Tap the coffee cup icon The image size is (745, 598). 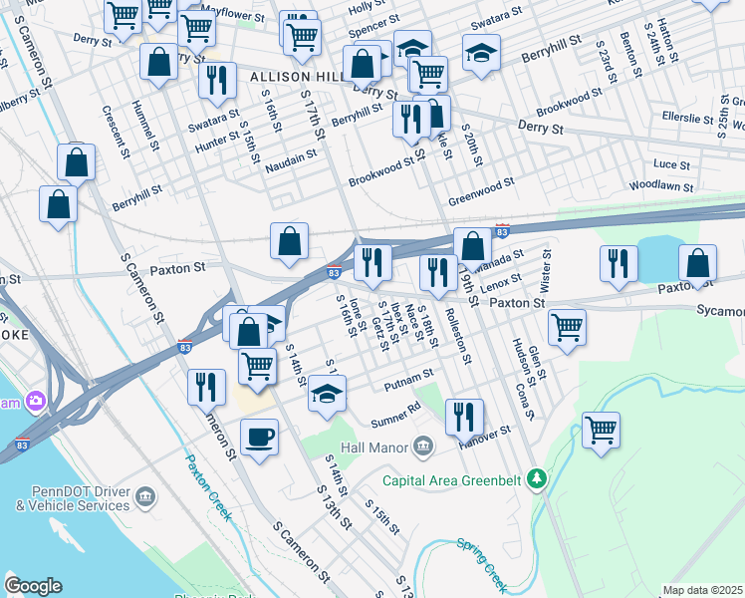click(259, 437)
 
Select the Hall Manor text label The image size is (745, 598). click(374, 447)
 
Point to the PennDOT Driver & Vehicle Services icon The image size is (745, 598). click(145, 496)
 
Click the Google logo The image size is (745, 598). click(33, 586)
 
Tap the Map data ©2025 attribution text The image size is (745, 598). click(702, 590)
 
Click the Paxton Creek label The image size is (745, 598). click(209, 486)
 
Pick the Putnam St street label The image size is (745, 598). click(408, 376)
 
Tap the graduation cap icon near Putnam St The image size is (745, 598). click(327, 392)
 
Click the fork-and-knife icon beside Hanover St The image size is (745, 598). click(464, 416)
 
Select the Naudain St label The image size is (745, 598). click(292, 155)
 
